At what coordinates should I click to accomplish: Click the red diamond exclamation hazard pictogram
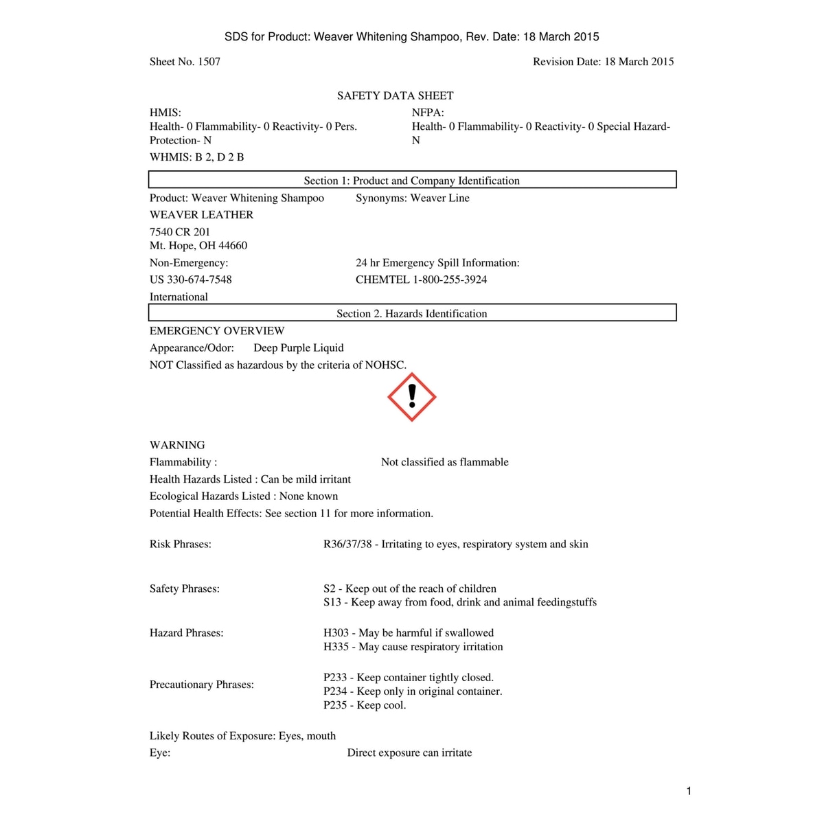pos(411,398)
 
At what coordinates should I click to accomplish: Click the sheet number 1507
pos(209,62)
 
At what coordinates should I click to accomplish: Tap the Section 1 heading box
pos(412,181)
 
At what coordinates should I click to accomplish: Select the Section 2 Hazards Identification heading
pos(412,314)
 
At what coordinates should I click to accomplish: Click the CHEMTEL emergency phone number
pos(450,279)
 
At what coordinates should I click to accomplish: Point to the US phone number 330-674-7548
pos(199,279)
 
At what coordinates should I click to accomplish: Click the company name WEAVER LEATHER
pos(201,215)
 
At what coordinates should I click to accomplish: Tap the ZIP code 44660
pos(233,246)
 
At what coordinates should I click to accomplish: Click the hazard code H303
pos(336,633)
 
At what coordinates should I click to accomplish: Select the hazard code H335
pos(336,647)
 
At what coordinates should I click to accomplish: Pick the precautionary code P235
pos(335,705)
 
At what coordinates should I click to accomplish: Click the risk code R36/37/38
pos(347,545)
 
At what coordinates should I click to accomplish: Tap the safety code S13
pos(332,602)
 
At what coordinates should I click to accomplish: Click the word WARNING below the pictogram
pos(177,445)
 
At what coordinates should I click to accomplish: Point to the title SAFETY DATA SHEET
pos(395,96)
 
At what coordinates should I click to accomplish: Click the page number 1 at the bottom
pos(689,791)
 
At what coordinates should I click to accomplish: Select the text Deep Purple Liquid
pos(299,348)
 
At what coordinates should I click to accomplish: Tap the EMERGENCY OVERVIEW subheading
pos(217,331)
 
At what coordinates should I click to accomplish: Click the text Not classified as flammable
pos(445,462)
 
